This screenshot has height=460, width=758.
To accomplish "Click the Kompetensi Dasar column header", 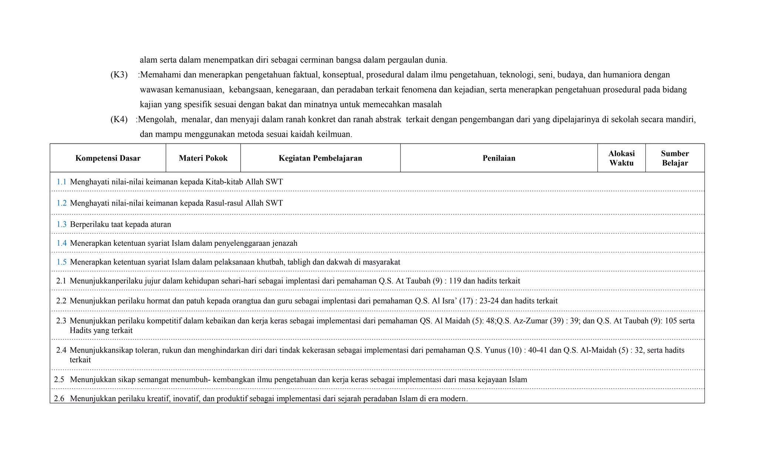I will click(x=108, y=158).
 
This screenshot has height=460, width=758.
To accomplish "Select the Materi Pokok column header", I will click(x=203, y=158).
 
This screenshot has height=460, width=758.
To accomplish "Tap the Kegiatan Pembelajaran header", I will click(x=320, y=158).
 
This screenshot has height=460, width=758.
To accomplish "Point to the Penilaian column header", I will click(x=499, y=158).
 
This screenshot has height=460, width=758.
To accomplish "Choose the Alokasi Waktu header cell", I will click(x=621, y=158).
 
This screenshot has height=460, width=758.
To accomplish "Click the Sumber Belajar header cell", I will click(x=675, y=158).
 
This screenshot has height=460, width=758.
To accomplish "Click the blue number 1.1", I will click(x=61, y=182).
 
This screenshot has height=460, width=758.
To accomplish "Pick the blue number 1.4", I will click(x=61, y=244).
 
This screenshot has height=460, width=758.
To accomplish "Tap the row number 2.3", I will click(x=61, y=321).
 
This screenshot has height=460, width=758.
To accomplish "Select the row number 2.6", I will click(x=59, y=399).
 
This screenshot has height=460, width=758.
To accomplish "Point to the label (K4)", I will click(x=119, y=120).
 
